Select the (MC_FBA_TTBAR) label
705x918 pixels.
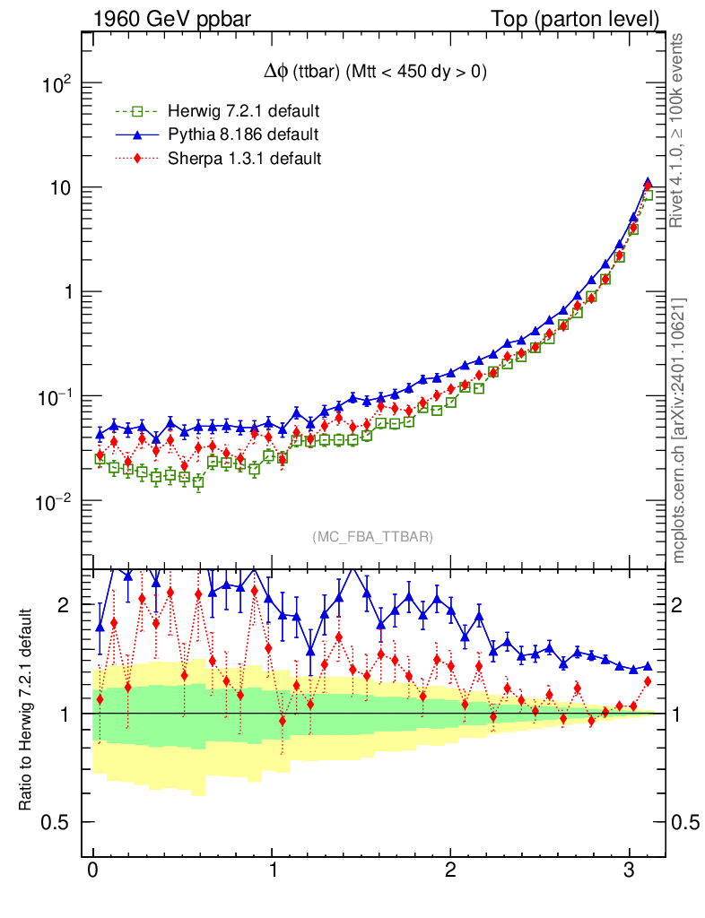point(373,537)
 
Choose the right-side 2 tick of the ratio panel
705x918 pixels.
point(683,605)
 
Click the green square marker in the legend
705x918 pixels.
point(138,112)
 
